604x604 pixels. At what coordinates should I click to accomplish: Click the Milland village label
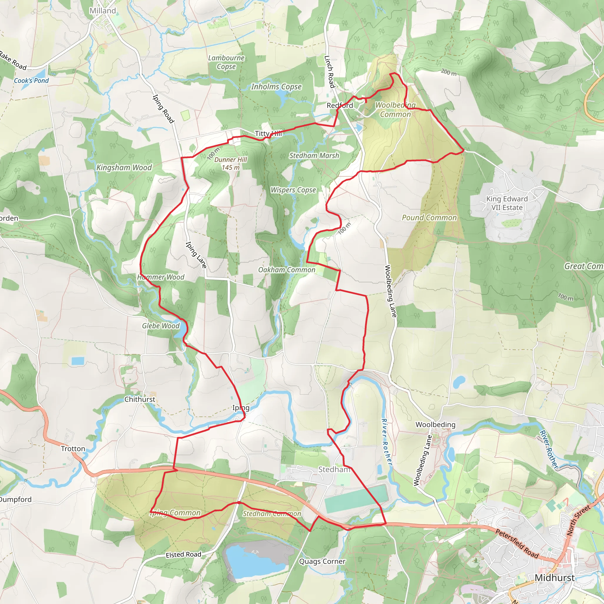[103, 11]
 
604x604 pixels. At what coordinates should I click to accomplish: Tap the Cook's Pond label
[31, 81]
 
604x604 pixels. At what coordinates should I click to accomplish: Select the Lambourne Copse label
[226, 62]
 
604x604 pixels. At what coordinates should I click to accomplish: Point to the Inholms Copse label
[276, 87]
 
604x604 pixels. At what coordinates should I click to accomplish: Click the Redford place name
[340, 106]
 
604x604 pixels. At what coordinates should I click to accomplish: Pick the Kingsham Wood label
[124, 168]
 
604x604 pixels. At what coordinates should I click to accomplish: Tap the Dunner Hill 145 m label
[231, 163]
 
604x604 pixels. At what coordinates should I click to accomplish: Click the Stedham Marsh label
[314, 155]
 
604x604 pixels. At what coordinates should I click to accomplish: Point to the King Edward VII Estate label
[507, 203]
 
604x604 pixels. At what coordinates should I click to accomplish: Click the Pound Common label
[429, 218]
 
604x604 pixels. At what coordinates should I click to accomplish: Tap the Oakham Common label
[287, 270]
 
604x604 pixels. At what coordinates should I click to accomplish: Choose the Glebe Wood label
[161, 326]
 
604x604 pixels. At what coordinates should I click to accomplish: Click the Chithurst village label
[140, 399]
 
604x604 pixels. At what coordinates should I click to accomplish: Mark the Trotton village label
[73, 449]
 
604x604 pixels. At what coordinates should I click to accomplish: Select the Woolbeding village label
[436, 425]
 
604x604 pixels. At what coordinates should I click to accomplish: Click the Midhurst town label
[555, 578]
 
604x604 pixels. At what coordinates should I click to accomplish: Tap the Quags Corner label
[322, 562]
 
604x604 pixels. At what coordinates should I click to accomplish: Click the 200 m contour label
[449, 73]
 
